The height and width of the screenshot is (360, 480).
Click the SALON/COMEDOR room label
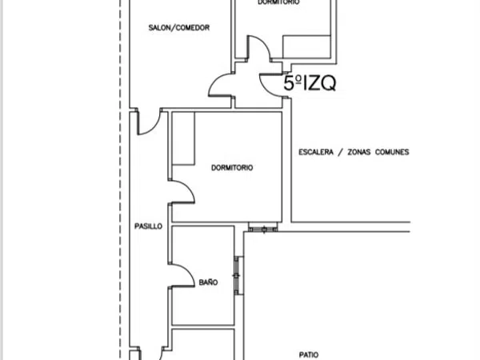(x=179, y=28)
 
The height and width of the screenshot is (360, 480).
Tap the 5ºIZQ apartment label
(x=310, y=83)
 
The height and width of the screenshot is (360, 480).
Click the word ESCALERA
(x=316, y=152)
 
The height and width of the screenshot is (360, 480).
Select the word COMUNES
(x=392, y=152)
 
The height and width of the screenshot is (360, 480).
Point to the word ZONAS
(x=358, y=152)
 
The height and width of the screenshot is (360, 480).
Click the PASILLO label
(x=149, y=226)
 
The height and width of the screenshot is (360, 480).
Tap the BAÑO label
(x=209, y=282)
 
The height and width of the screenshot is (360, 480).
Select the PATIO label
(x=309, y=354)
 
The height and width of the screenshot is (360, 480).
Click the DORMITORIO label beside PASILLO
(x=232, y=168)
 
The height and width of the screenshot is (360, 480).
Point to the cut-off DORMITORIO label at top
(x=278, y=2)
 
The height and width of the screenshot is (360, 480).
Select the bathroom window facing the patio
(x=237, y=276)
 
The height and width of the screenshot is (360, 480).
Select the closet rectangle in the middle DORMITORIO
(x=184, y=138)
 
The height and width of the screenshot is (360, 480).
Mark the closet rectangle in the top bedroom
(x=306, y=46)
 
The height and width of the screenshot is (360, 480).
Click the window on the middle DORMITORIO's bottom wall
(x=263, y=228)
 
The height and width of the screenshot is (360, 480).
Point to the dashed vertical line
(x=120, y=180)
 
